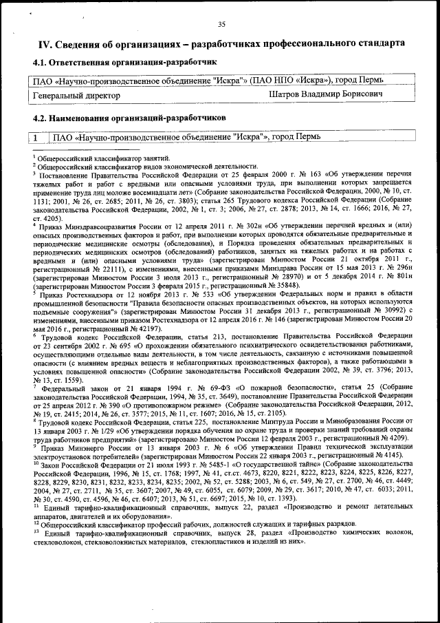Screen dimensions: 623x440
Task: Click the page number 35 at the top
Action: point(221,25)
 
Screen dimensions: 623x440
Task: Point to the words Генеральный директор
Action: point(76,95)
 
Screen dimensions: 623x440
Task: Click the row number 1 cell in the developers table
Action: point(34,137)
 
